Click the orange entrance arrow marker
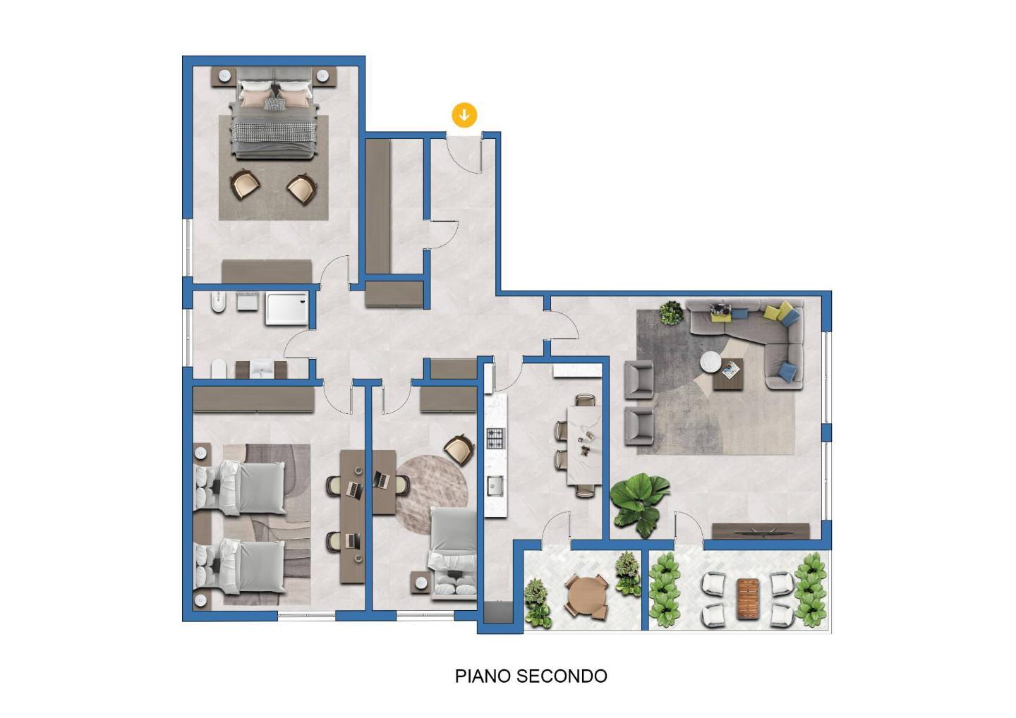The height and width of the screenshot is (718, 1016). tap(464, 115)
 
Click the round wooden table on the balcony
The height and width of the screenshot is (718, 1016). tap(586, 595)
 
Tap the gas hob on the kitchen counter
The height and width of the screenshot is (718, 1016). tap(495, 438)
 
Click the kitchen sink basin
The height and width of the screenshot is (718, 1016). tap(495, 485)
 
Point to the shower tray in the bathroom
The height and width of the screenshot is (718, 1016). tap(286, 308)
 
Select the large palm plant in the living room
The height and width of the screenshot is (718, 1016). tap(639, 504)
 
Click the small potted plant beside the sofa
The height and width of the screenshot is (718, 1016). tap(671, 312)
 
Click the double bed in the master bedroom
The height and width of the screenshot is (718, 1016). tap(274, 114)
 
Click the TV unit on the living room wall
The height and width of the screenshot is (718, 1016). tap(761, 531)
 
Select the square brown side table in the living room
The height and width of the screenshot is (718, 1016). tap(728, 375)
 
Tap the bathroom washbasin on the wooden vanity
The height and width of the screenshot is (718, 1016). tap(261, 368)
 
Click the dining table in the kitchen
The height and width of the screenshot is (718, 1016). tap(584, 445)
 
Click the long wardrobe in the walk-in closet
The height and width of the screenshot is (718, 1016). tap(378, 207)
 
